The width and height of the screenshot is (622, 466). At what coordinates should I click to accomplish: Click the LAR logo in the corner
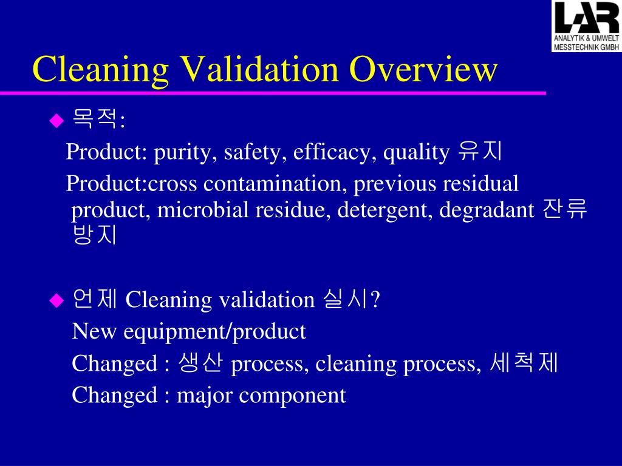pos(586,26)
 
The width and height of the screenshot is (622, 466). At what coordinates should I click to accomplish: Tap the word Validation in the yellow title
pos(255,69)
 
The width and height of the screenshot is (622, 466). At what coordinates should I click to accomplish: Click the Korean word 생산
pos(200,363)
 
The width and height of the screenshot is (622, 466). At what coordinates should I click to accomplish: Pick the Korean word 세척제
pos(522,363)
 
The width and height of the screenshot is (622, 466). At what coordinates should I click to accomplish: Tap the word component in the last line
pos(292,396)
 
